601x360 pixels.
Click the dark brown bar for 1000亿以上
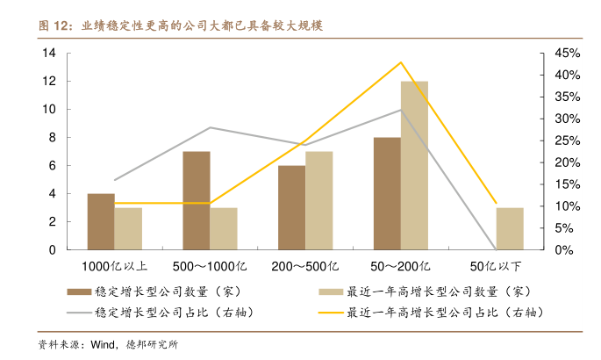[x=101, y=221]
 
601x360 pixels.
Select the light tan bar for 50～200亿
[x=415, y=165]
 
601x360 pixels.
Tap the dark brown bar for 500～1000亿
[x=197, y=200]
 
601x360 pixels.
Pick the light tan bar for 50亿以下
[x=510, y=228]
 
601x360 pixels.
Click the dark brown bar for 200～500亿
[x=292, y=207]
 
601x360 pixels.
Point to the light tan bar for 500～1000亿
[x=224, y=228]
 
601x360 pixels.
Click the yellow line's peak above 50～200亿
[x=401, y=62]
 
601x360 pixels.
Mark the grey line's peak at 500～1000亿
[x=210, y=127]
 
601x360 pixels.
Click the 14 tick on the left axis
[x=49, y=54]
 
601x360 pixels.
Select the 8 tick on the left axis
[x=53, y=138]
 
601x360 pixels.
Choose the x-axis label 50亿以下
[x=496, y=266]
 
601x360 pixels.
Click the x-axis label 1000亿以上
[x=114, y=266]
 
